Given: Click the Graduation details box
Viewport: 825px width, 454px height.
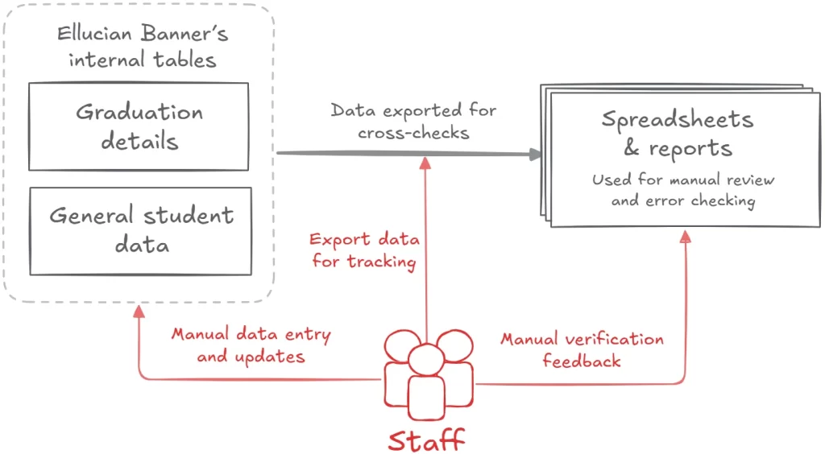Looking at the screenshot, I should (x=139, y=126).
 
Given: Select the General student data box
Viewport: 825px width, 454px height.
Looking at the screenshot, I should (x=140, y=229).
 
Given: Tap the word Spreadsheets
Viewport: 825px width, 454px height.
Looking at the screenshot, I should (x=677, y=120).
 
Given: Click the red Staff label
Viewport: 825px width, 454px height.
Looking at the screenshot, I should (x=427, y=440).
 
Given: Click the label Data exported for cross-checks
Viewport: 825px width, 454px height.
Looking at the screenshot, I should (x=413, y=121).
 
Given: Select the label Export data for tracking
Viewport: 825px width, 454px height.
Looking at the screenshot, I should (x=364, y=250).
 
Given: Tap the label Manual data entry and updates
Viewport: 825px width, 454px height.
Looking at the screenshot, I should (x=251, y=345).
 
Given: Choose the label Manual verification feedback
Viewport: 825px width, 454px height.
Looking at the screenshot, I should (x=582, y=349).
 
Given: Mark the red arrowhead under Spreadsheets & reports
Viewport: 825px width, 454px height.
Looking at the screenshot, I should (x=686, y=236).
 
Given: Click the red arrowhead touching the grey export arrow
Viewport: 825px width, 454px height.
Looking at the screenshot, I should (x=425, y=162).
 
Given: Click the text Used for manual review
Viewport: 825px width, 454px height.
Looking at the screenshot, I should (x=682, y=180).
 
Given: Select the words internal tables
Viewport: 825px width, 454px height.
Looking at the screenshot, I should (x=142, y=60).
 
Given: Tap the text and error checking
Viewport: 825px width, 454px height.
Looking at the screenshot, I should (x=682, y=200).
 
